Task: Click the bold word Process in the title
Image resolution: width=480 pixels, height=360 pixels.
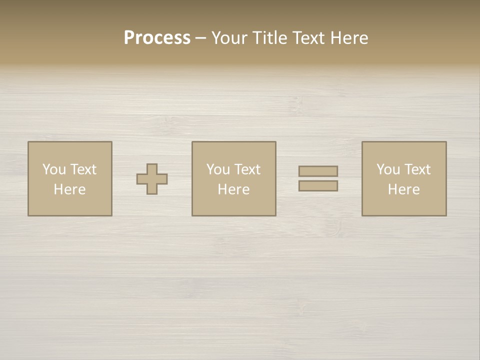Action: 157,38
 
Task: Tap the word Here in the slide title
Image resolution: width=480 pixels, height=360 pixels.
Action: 348,38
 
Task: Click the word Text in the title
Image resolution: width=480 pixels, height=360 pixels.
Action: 308,38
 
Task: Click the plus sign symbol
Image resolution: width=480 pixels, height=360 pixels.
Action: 152,179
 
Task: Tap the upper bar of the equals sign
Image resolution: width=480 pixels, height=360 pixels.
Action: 318,171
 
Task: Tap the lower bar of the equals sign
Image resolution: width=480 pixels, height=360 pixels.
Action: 318,186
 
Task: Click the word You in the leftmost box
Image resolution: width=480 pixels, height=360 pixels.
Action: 54,169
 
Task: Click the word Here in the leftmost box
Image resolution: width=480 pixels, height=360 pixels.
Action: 69,189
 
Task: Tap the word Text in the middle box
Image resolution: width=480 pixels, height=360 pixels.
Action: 247,169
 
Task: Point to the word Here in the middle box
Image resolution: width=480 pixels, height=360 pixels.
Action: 233,189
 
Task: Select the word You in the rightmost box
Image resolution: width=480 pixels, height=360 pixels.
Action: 388,169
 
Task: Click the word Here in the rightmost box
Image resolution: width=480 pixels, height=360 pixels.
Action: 403,189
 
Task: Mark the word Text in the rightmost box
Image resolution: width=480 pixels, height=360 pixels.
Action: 417,169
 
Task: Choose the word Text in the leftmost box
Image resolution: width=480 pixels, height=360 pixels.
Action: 83,169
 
